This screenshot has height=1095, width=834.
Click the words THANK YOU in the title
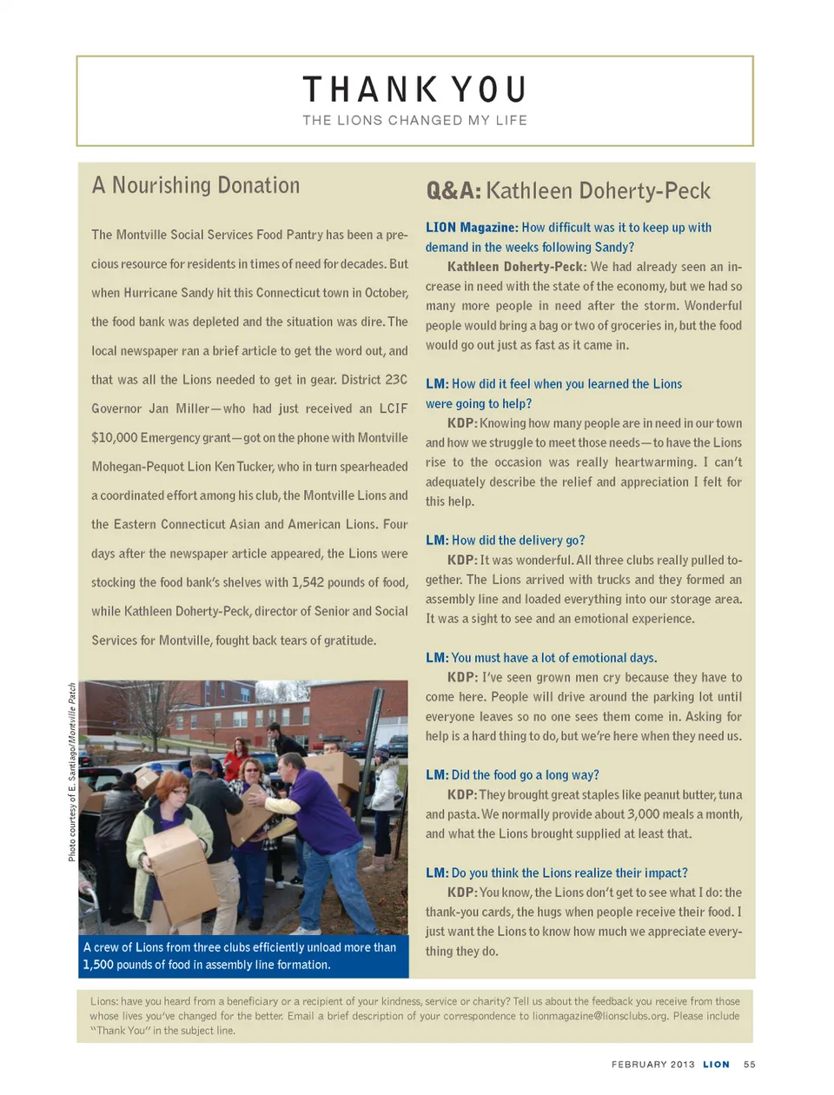pos(414,90)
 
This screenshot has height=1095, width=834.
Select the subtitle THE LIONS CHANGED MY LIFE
pos(414,121)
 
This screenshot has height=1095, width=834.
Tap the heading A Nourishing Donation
pos(195,185)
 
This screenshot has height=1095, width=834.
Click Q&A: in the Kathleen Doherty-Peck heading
pos(453,191)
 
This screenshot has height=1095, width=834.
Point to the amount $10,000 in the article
pos(114,438)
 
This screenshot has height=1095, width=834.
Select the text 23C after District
pos(396,380)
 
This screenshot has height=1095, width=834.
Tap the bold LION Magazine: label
pos(471,228)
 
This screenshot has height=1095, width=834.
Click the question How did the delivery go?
pos(518,541)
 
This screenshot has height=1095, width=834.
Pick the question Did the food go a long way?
pos(525,775)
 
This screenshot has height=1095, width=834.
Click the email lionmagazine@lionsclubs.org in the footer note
pos(599,1016)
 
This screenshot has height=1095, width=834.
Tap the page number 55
pos(750,1065)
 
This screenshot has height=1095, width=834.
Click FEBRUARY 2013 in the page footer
pos(652,1065)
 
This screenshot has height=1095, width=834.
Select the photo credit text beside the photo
pos(72,772)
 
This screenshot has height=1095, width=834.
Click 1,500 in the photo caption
pos(98,965)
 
